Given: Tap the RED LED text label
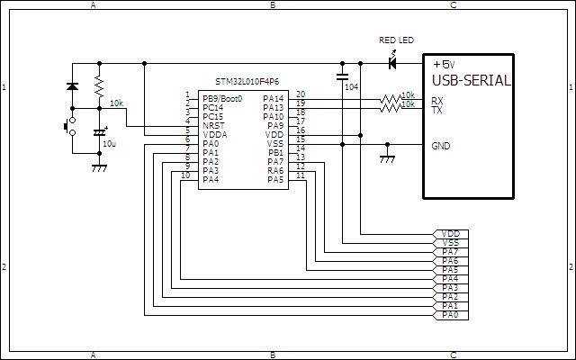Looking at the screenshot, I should tap(397, 40).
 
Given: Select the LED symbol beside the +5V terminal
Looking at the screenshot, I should tap(392, 63).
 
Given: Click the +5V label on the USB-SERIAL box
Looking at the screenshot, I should tap(444, 65).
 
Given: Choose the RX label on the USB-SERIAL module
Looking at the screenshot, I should tap(436, 101).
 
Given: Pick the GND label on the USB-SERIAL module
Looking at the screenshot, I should tap(441, 146).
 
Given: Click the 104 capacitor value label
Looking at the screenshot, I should tap(350, 87).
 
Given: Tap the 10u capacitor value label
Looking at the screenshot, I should tap(109, 143).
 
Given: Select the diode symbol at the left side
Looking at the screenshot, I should tap(72, 86).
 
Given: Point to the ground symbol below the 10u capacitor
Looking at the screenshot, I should tap(99, 167).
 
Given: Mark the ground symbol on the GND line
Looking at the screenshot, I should tap(387, 158).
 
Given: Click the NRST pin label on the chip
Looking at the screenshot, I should tap(212, 125).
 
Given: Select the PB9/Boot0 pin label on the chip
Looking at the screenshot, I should tap(222, 98).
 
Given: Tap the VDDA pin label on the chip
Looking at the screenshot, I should tap(213, 134).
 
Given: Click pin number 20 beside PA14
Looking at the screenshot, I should tap(300, 94).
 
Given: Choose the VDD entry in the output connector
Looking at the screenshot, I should tap(451, 234).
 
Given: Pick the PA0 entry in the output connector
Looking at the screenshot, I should tap(451, 315).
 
